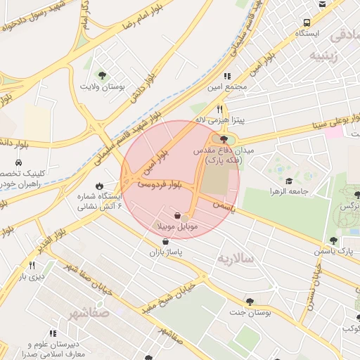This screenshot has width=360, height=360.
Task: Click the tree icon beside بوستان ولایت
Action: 103,75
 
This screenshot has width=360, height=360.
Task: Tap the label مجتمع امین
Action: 228,87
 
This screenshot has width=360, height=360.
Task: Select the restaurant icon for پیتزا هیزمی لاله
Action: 220,109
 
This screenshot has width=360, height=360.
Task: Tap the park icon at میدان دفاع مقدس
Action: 224,140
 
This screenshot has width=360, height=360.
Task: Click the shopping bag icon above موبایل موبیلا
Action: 176,215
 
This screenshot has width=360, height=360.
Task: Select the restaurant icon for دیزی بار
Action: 32,265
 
